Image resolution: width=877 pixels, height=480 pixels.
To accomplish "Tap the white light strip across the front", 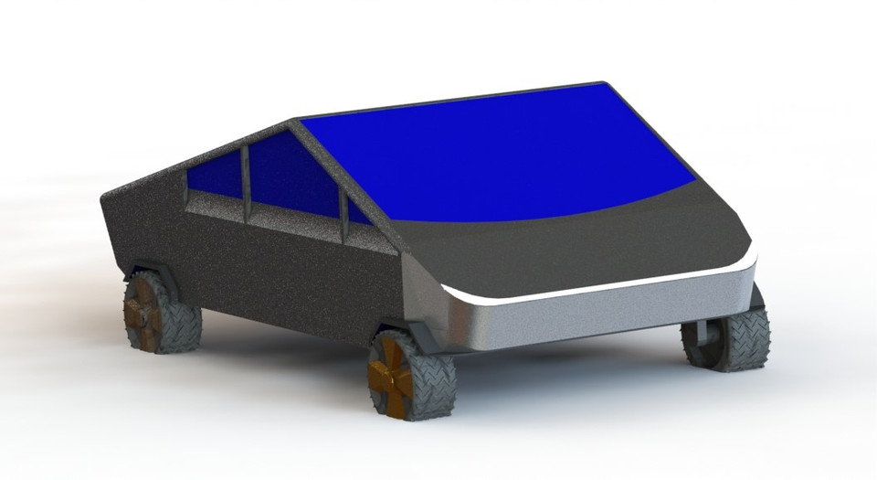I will [x=603, y=290].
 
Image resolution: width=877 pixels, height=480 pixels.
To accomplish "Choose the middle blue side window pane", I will [x=292, y=178].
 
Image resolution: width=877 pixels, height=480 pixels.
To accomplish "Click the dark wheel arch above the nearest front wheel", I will [x=402, y=327].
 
